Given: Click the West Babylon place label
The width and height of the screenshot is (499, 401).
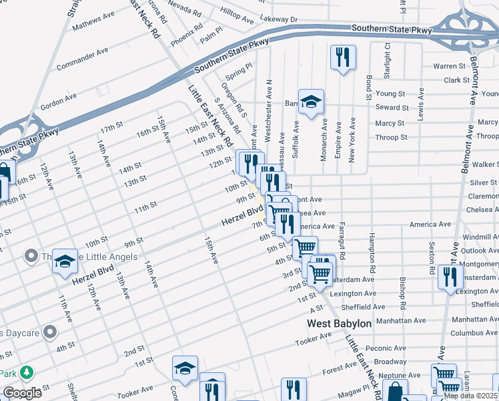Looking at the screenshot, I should coord(339,323).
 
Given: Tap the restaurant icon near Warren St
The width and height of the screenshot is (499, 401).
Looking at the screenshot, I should coord(343,57).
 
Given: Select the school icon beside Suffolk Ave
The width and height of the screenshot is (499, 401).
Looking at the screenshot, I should coord(311,102).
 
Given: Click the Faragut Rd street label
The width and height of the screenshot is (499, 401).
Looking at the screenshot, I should coord(342,241).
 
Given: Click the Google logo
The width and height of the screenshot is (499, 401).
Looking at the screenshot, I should coord(22,392).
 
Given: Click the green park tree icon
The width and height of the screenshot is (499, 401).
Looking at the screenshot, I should coord(27,372).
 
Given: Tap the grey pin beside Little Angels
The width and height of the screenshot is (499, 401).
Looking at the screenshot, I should coord(30,256).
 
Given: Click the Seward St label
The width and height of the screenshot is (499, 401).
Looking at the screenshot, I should coord(392,108).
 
